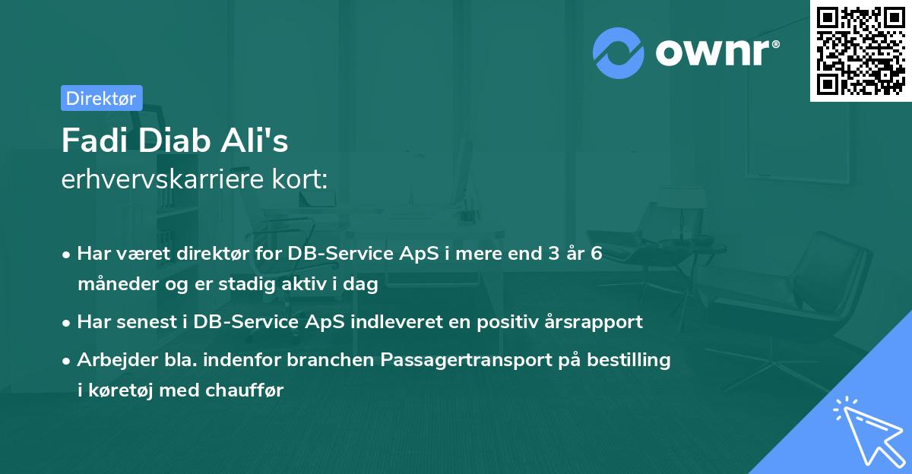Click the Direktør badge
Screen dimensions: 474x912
coord(101,98)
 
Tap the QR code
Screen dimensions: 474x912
coord(860,50)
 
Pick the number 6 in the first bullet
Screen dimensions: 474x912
coord(596,254)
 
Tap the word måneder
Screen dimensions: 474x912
coord(113,285)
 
